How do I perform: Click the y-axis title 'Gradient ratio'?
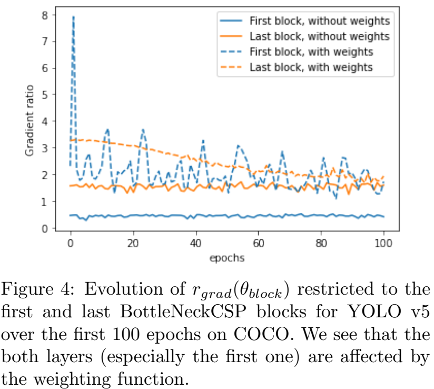click(x=30, y=120)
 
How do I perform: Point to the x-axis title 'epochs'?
click(x=226, y=259)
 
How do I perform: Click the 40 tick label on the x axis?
click(x=196, y=244)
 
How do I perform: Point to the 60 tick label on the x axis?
click(x=259, y=244)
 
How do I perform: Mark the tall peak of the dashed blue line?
click(x=73, y=17)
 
